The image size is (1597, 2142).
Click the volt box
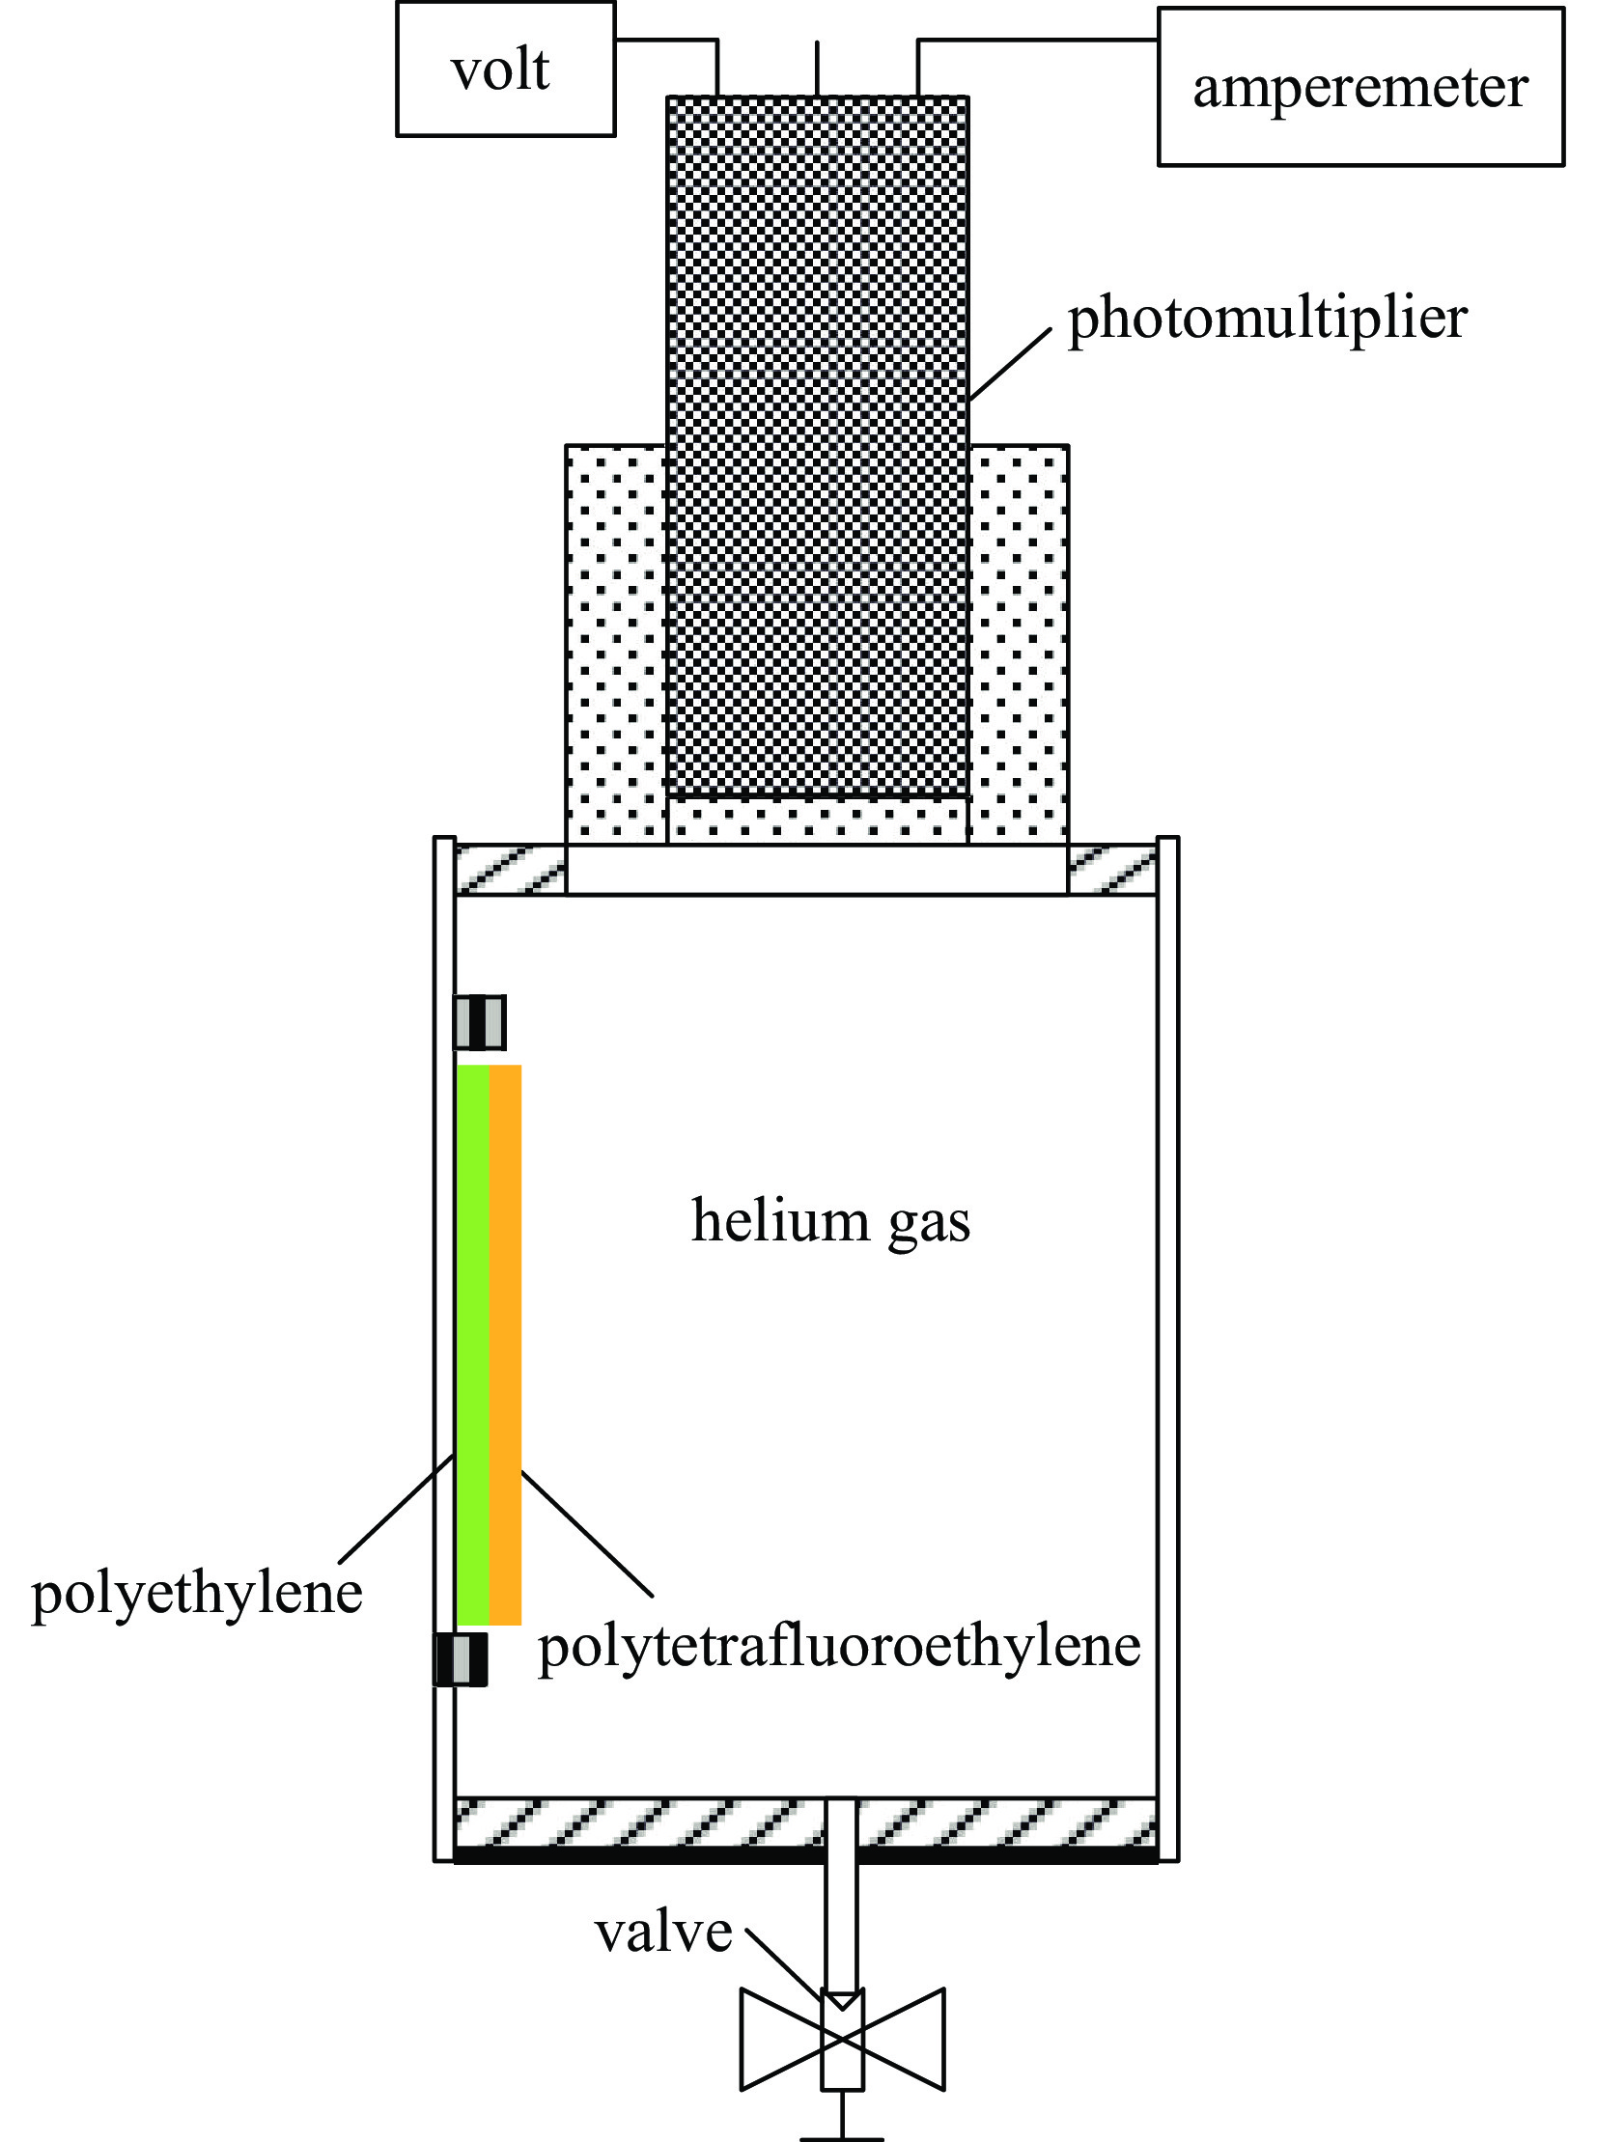(505, 69)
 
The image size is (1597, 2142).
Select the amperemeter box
(1359, 87)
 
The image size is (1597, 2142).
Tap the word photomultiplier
(1267, 318)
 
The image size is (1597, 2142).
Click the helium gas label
(830, 1221)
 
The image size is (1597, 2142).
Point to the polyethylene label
(196, 1593)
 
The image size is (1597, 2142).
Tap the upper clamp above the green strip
(480, 1022)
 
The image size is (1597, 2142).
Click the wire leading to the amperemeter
(1034, 41)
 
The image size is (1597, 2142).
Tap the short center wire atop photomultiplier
(818, 68)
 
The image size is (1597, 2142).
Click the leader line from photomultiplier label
(1010, 364)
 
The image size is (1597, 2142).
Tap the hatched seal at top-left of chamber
(510, 869)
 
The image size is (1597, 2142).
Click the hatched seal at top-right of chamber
(1111, 869)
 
